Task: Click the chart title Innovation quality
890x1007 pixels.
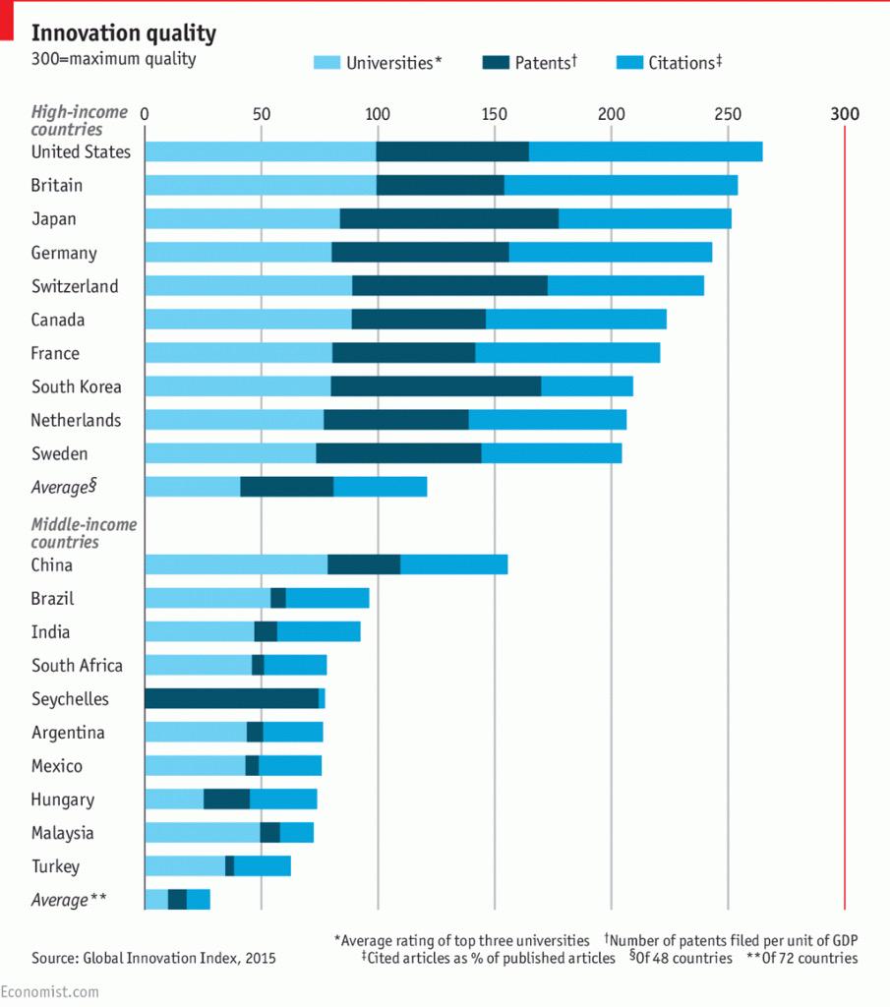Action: pos(124,33)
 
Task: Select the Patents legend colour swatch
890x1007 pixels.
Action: pos(497,63)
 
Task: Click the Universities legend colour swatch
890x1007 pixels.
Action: pos(326,63)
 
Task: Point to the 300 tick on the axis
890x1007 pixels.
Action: pos(845,113)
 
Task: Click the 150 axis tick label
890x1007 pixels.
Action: pos(494,113)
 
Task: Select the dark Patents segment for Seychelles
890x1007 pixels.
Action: pos(231,698)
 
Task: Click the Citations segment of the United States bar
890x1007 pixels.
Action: pos(645,151)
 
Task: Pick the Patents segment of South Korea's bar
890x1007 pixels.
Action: pos(436,386)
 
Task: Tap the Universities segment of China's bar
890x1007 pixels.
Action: pos(236,564)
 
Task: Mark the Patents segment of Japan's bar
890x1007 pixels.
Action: pos(448,218)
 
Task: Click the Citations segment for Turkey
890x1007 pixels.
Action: pos(263,865)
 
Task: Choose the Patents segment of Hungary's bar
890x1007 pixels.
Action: pos(226,799)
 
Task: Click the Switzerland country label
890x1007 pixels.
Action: pos(75,286)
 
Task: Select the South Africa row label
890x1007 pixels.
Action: pos(77,666)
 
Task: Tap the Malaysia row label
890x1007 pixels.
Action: pos(63,833)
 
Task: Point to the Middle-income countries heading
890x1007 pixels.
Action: pos(84,533)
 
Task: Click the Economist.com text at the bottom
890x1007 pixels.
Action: pos(49,991)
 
